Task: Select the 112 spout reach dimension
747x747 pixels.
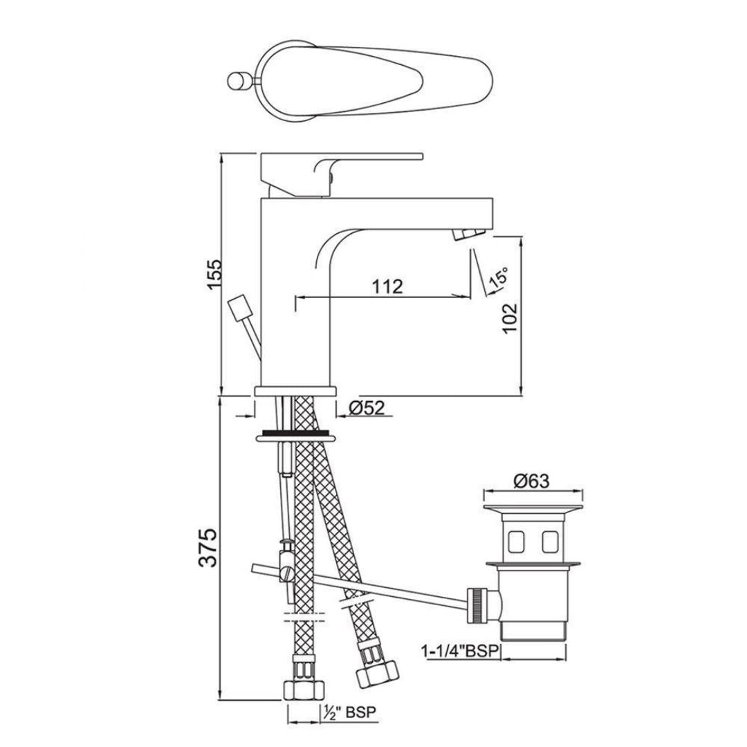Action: [x=388, y=286]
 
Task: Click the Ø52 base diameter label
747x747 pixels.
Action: [x=366, y=408]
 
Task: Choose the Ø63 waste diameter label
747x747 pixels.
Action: [x=531, y=481]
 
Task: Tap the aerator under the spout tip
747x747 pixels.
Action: [x=469, y=234]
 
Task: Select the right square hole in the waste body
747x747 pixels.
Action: [x=551, y=540]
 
